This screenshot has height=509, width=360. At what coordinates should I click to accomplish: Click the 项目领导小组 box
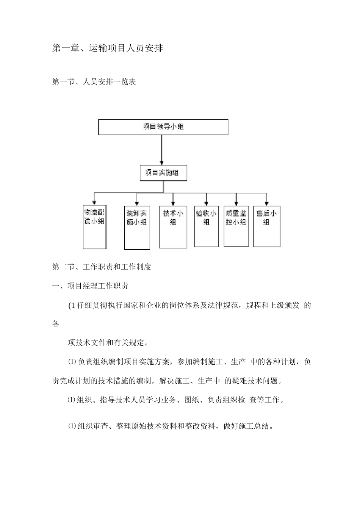click(x=163, y=127)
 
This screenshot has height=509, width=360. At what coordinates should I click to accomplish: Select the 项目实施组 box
click(x=163, y=173)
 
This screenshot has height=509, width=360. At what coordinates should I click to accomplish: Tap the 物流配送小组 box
click(x=94, y=226)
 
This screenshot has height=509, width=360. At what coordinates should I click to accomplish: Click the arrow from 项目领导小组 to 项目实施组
click(x=162, y=150)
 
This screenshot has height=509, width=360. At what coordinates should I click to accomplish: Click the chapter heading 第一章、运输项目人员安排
click(x=107, y=48)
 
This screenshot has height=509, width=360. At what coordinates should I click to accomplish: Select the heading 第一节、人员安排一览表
click(x=94, y=82)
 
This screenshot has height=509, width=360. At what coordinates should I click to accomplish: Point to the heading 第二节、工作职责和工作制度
click(x=102, y=267)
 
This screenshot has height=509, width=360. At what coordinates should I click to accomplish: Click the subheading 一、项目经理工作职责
click(x=90, y=286)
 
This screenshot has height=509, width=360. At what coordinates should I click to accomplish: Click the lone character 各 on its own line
click(x=56, y=324)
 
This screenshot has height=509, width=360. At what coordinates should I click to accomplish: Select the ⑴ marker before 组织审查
click(x=72, y=426)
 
